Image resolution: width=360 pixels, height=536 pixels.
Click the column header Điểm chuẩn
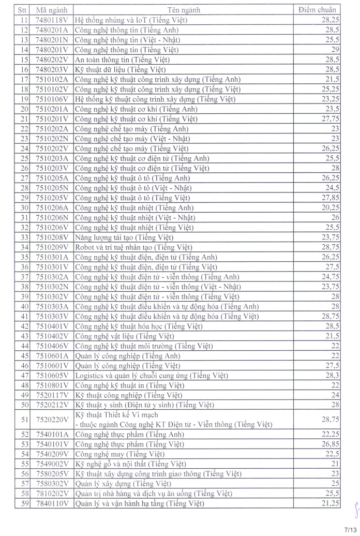[318, 10]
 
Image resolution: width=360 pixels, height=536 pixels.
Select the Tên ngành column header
[184, 10]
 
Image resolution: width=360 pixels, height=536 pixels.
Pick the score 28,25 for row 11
[328, 20]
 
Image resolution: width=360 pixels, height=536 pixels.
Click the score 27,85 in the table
[328, 198]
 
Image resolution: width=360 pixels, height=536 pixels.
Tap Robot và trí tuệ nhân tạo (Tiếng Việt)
[133, 247]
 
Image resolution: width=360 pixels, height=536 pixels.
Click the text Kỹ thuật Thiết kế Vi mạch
[116, 415]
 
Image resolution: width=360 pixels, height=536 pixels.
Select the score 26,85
[328, 444]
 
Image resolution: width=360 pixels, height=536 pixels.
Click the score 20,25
[328, 207]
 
